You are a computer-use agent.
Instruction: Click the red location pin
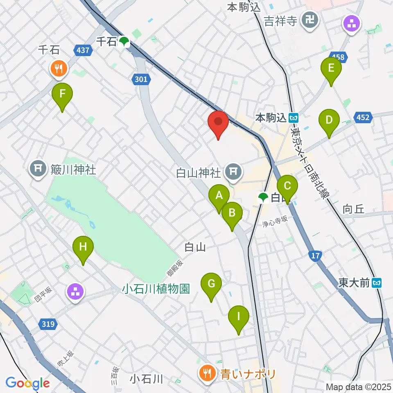(x=218, y=122)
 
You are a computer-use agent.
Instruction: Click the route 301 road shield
(x=140, y=79)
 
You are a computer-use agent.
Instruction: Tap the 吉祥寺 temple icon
(x=310, y=19)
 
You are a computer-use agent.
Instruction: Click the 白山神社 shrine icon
(x=234, y=172)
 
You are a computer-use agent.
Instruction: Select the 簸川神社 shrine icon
(x=38, y=169)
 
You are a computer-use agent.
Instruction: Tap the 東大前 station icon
(x=378, y=282)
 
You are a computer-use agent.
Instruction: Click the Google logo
(x=27, y=384)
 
